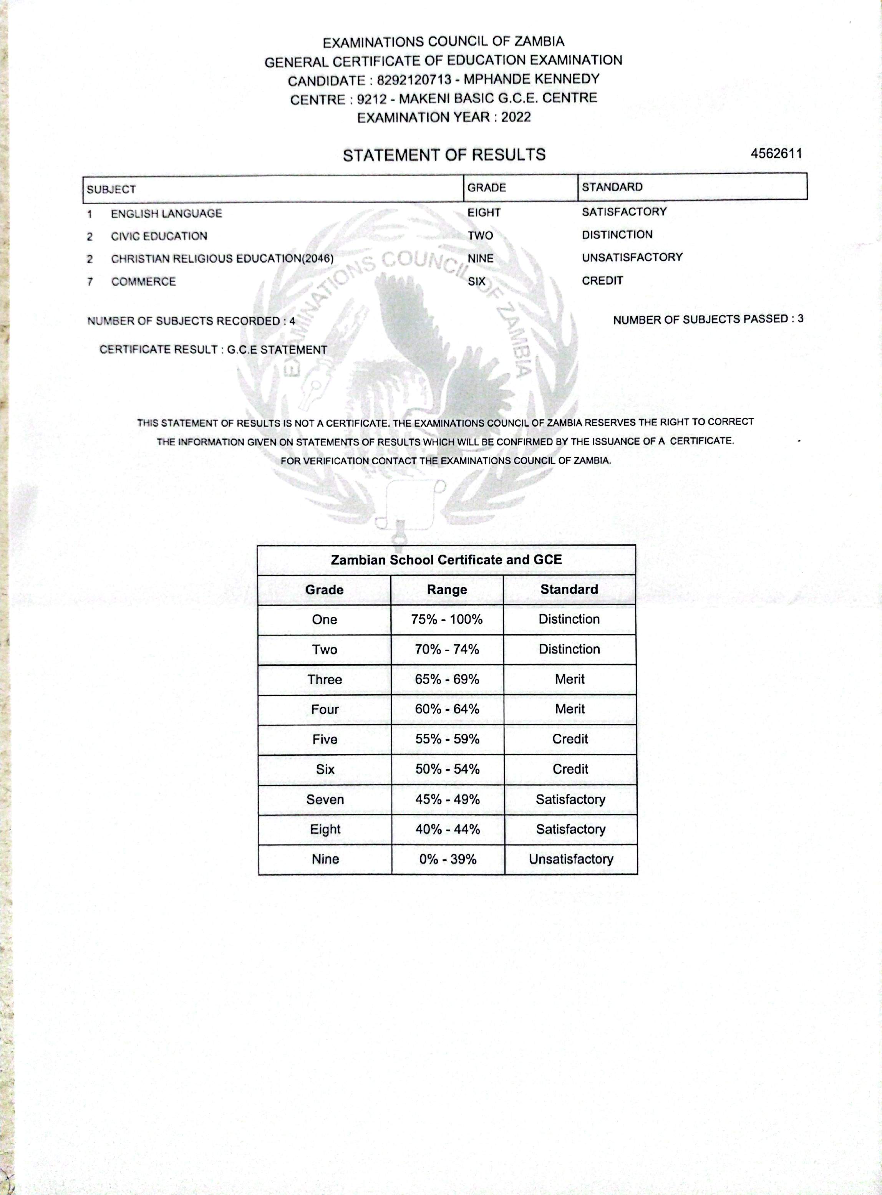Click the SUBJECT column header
111,189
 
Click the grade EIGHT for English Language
484,212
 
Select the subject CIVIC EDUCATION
159,236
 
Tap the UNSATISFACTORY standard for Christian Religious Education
632,257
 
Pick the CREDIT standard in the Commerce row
602,281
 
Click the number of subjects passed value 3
800,319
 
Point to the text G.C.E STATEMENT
277,349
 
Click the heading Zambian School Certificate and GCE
446,560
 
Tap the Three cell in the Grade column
324,679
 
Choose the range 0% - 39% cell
448,859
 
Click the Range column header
446,590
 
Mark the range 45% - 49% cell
448,799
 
